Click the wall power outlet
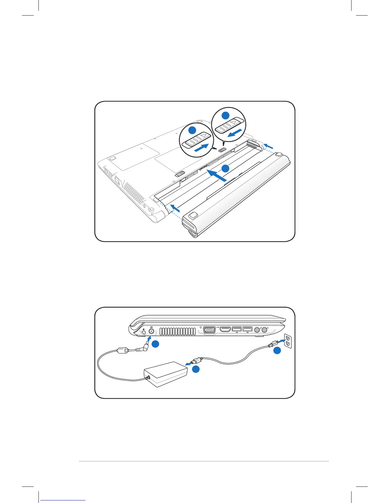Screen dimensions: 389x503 pyautogui.click(x=288, y=341)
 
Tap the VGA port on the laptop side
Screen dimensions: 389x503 pyautogui.click(x=209, y=330)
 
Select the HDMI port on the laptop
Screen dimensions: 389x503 pyautogui.click(x=225, y=330)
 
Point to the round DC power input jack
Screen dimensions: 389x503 pyautogui.click(x=151, y=331)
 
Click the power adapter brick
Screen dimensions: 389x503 pyautogui.click(x=166, y=374)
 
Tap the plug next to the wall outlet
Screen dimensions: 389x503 pyautogui.click(x=272, y=345)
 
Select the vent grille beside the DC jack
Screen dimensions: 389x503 pyautogui.click(x=177, y=332)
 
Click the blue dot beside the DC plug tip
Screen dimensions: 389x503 pyautogui.click(x=155, y=344)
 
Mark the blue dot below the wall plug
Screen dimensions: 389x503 pyautogui.click(x=277, y=351)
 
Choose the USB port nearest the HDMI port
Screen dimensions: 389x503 pyautogui.click(x=236, y=329)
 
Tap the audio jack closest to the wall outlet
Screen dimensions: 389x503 pyautogui.click(x=264, y=330)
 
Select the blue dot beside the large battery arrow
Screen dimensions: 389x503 pyautogui.click(x=225, y=169)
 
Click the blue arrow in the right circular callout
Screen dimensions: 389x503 pyautogui.click(x=237, y=133)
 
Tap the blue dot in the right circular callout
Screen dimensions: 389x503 pyautogui.click(x=225, y=115)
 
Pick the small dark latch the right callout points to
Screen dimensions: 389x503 pyautogui.click(x=223, y=149)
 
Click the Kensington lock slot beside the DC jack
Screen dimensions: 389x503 pyautogui.click(x=144, y=331)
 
